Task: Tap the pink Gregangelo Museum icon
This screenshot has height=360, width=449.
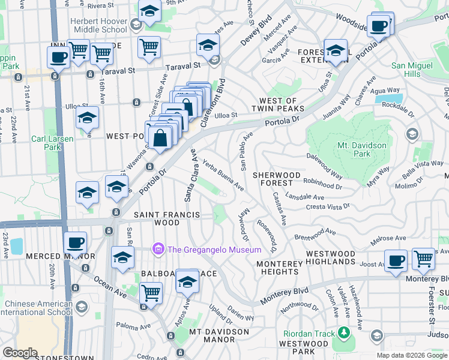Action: pyautogui.click(x=158, y=249)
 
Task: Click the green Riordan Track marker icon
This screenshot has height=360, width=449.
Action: pyautogui.click(x=343, y=332)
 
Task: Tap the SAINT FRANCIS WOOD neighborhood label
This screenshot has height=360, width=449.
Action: pyautogui.click(x=156, y=218)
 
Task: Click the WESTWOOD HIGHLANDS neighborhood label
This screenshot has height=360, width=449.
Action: pyautogui.click(x=339, y=258)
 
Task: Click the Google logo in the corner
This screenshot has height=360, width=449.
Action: pyautogui.click(x=20, y=352)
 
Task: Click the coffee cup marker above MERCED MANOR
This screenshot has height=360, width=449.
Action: pyautogui.click(x=76, y=244)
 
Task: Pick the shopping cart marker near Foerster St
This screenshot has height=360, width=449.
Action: pyautogui.click(x=423, y=259)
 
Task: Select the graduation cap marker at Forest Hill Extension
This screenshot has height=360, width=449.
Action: pyautogui.click(x=336, y=50)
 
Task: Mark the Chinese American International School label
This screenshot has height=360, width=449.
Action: pyautogui.click(x=36, y=307)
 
